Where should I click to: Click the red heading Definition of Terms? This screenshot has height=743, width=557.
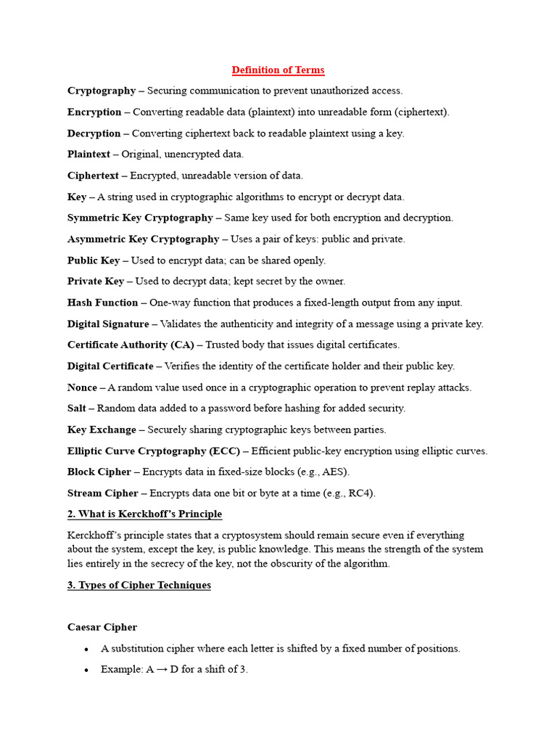click(278, 70)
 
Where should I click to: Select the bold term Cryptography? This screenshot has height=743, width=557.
click(102, 91)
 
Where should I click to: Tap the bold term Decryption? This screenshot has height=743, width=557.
click(94, 134)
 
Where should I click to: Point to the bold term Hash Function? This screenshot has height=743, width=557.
click(102, 303)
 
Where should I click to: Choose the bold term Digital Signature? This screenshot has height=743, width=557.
click(108, 324)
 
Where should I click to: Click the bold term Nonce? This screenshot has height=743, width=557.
click(82, 387)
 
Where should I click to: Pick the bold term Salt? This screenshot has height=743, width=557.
click(78, 409)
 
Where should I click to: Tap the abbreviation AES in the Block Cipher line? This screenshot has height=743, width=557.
click(334, 472)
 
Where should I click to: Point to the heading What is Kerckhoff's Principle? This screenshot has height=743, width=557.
click(144, 514)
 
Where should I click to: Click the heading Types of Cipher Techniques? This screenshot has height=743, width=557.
click(139, 586)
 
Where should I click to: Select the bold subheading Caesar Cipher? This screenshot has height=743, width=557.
click(102, 628)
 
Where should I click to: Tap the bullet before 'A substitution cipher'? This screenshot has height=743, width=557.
click(86, 649)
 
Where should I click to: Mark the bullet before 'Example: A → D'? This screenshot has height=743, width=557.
click(86, 670)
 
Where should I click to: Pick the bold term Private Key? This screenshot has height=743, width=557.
click(96, 282)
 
